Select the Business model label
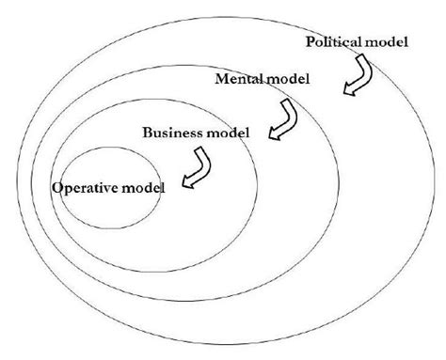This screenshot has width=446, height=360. coord(196,132)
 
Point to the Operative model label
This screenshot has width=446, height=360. coord(108,188)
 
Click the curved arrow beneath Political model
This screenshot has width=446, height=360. coord(357,75)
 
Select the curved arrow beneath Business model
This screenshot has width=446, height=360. coord(198,169)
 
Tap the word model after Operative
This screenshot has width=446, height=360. coord(145,188)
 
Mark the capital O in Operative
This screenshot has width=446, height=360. coord(57,188)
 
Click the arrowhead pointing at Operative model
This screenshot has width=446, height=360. coord(186,182)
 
